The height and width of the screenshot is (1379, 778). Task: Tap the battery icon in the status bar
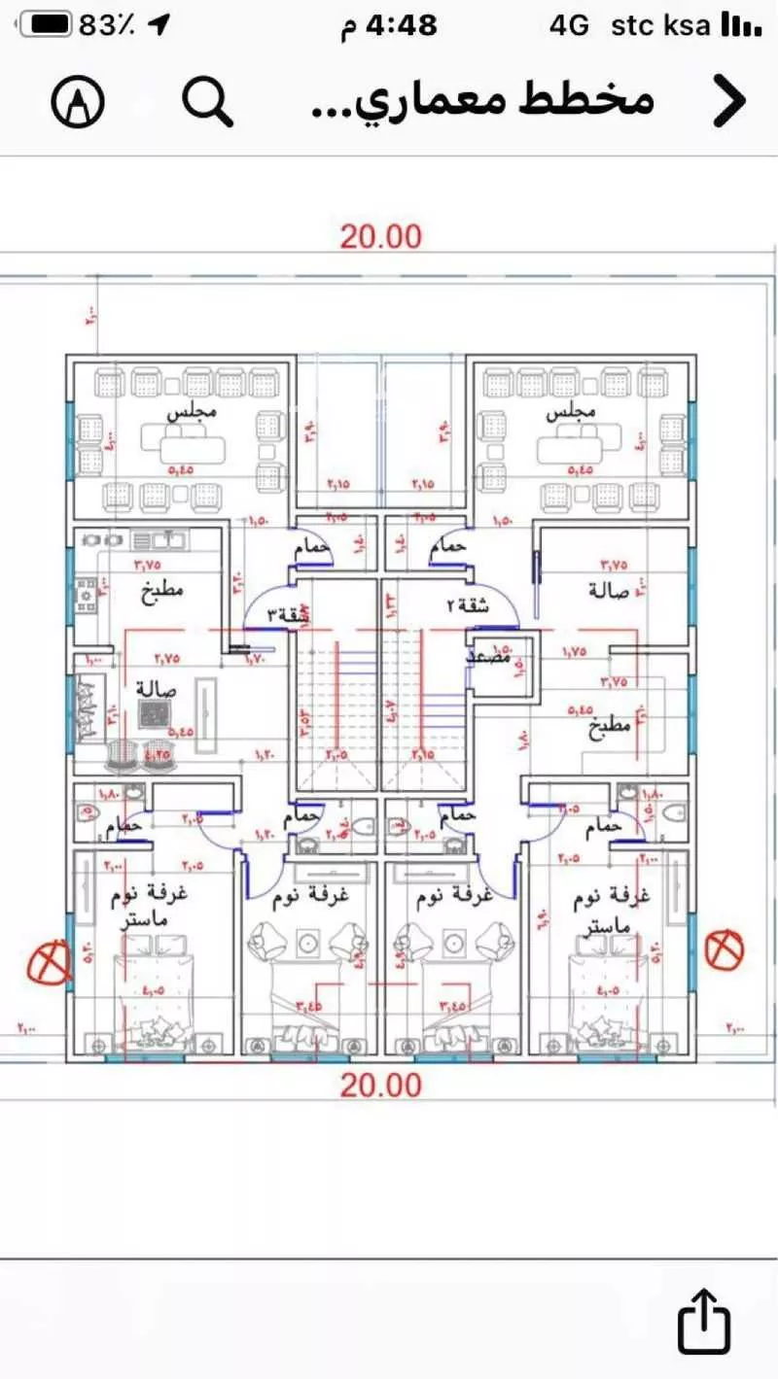[x=46, y=25]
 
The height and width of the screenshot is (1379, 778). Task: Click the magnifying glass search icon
[x=208, y=100]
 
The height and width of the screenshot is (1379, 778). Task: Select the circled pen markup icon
[x=77, y=100]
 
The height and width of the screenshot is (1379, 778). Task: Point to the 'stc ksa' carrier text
[x=660, y=26]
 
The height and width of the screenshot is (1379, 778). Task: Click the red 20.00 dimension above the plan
[x=380, y=236]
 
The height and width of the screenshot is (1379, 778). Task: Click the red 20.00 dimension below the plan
[x=380, y=1086]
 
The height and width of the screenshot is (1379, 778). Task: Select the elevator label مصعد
[x=490, y=657]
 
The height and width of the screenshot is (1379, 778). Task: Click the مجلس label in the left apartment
[x=192, y=412]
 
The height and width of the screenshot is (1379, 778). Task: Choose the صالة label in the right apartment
[x=609, y=590]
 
